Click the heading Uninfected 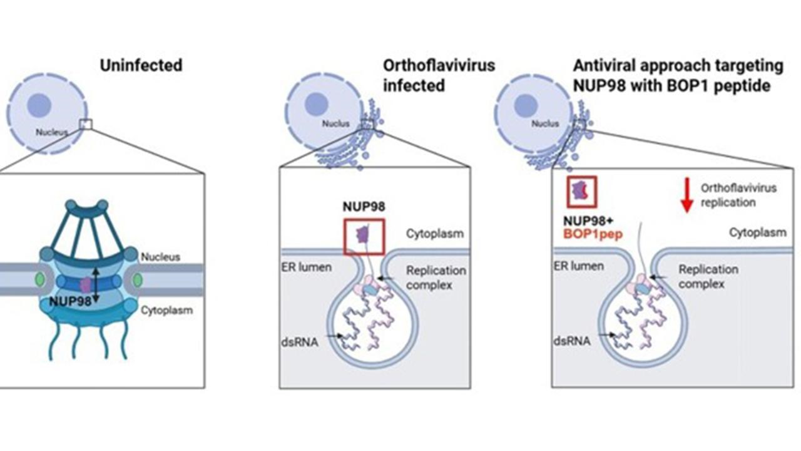141,65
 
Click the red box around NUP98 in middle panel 363,236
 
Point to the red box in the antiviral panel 581,191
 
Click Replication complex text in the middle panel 436,277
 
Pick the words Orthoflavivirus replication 738,195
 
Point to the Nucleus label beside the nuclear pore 160,257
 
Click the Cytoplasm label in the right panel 757,232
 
